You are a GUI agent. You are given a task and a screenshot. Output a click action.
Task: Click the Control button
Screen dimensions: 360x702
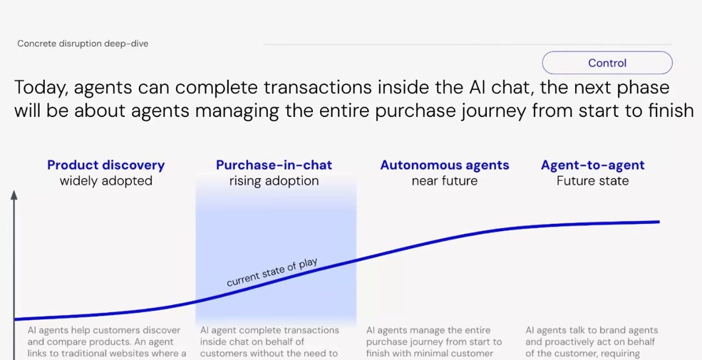(x=606, y=63)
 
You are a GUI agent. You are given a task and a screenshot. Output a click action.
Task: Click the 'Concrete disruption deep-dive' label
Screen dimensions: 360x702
(x=83, y=43)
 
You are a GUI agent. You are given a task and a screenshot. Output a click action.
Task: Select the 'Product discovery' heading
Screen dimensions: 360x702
(x=105, y=165)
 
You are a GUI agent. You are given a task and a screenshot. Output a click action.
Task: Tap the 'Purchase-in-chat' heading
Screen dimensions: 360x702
(x=274, y=165)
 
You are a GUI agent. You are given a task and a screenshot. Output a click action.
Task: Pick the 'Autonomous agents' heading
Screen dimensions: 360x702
(x=444, y=165)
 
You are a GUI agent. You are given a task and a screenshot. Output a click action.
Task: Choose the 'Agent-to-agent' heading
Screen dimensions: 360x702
(x=592, y=165)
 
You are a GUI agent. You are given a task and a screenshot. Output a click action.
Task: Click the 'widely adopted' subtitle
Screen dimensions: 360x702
(x=105, y=181)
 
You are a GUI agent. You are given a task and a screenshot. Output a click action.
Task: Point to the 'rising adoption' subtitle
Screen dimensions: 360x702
(x=274, y=181)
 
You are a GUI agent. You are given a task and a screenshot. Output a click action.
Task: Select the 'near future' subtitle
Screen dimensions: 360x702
(x=444, y=181)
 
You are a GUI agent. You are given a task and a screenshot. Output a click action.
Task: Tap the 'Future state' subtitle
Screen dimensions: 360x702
(x=592, y=181)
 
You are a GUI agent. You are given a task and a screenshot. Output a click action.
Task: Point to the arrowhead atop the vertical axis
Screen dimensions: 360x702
(x=14, y=194)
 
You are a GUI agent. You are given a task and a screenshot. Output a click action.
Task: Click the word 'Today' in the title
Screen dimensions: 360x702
(x=40, y=88)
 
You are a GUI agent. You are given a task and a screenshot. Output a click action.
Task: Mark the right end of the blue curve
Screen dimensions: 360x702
(x=658, y=222)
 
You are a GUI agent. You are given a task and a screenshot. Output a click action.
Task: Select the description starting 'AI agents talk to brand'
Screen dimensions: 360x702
(x=592, y=341)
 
